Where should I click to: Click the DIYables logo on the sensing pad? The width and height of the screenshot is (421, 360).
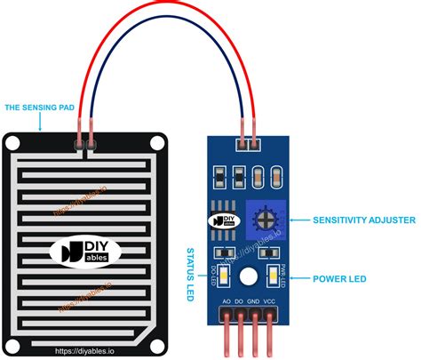click(x=86, y=252)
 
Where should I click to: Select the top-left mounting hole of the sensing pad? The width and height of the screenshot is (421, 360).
click(x=12, y=145)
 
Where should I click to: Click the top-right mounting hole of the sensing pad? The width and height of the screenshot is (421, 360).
click(x=158, y=145)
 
